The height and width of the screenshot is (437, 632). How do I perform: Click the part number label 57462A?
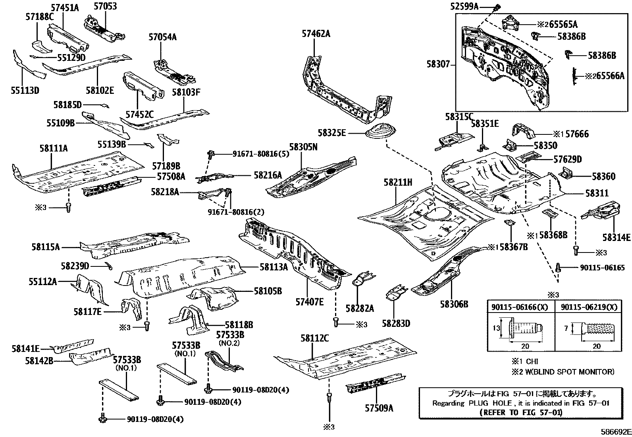click(316, 34)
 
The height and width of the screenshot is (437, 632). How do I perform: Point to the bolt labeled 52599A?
click(497, 7)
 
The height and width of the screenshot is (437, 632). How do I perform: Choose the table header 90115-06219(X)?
click(588, 307)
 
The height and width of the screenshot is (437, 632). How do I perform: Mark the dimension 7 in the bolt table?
click(567, 328)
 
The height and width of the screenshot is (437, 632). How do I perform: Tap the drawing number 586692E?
click(615, 431)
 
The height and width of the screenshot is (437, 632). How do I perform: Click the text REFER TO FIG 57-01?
click(520, 412)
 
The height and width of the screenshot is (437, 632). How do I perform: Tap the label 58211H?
click(397, 183)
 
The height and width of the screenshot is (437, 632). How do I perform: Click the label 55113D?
click(25, 90)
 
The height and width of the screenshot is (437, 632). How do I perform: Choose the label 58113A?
click(274, 267)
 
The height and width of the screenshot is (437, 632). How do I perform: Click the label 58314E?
click(616, 237)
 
